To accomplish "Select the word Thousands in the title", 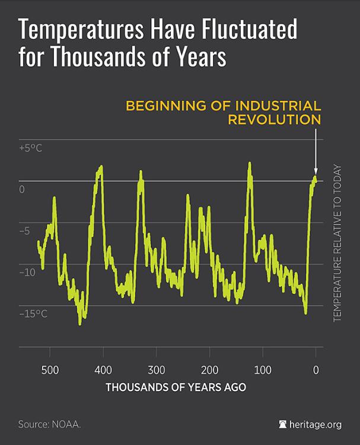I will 89,58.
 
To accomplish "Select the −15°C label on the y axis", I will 33,313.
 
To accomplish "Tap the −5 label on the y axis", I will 25,230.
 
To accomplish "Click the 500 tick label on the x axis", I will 50,370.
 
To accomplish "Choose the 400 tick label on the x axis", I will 103,370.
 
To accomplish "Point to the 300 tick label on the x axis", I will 156,370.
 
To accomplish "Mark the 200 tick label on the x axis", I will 209,370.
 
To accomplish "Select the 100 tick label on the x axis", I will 262,370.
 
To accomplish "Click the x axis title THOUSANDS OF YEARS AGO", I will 176,388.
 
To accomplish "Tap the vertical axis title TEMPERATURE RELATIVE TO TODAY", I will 337,243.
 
